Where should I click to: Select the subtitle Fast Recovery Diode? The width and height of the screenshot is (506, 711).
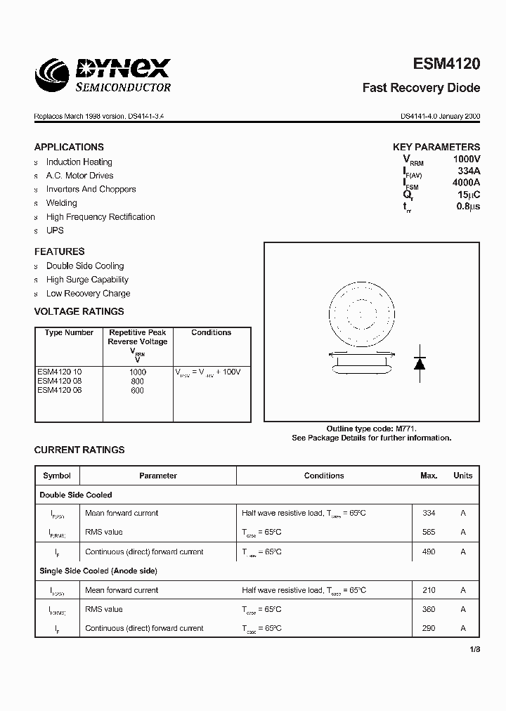(421, 89)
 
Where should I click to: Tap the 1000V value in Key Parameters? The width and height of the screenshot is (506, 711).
(466, 160)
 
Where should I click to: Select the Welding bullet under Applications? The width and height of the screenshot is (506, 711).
(62, 203)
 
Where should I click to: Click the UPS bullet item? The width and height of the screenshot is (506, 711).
(55, 230)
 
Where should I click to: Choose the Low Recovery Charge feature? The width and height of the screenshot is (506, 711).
(88, 294)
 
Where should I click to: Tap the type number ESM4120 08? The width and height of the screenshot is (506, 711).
(60, 381)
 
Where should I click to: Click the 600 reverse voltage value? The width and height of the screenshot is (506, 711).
(138, 391)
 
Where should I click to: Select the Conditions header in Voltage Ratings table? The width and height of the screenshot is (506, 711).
(211, 332)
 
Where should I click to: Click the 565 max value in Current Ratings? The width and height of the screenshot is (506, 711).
(429, 533)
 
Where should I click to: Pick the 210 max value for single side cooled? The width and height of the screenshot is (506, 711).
(429, 590)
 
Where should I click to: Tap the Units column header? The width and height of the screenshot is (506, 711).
(462, 476)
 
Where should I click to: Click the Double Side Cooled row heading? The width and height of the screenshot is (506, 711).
(76, 495)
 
